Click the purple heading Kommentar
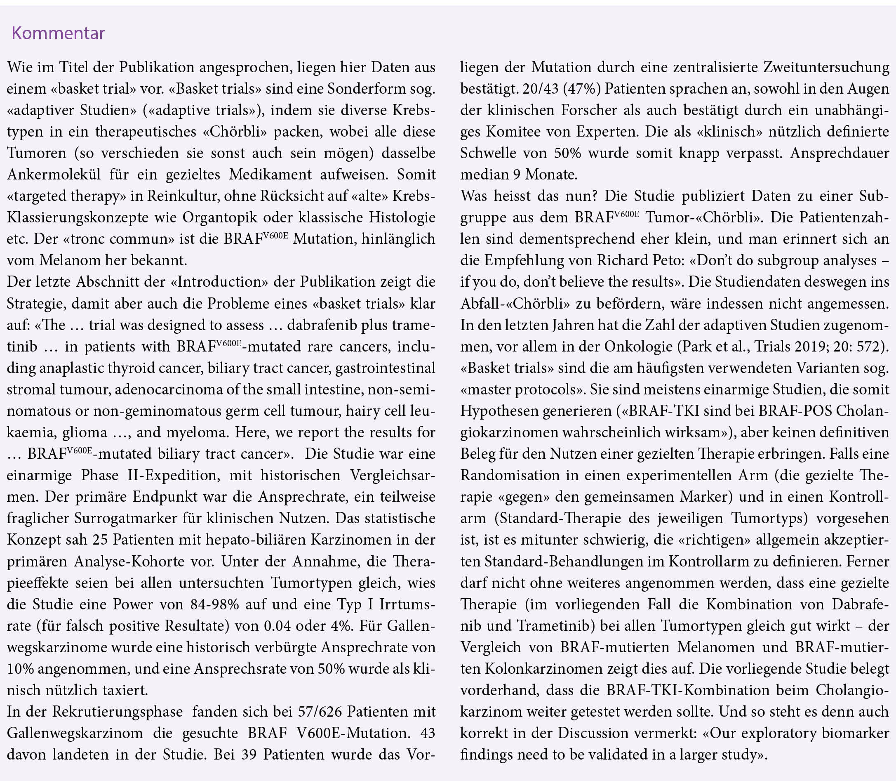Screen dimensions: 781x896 point(58,33)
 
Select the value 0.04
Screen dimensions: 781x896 point(277,625)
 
